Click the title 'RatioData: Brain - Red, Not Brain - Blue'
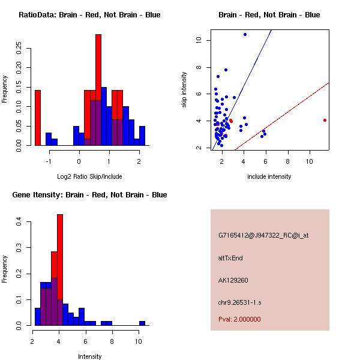[89, 15]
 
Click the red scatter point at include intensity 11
[325, 120]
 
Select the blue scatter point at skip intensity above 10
[245, 34]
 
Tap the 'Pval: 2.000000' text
[239, 319]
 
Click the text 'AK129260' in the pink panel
[233, 280]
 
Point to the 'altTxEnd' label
[230, 258]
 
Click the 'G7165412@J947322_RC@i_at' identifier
[263, 236]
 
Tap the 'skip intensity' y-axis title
[184, 90]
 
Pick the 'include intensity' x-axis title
[269, 176]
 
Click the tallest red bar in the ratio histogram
[98, 90]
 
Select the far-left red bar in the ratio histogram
[37, 118]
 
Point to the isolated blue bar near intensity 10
[142, 323]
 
